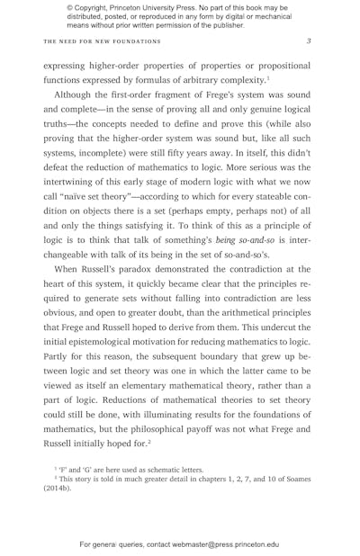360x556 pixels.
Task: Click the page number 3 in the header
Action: point(309,41)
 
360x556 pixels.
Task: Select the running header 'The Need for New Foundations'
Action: point(102,41)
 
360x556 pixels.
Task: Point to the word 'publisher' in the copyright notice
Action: point(220,25)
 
